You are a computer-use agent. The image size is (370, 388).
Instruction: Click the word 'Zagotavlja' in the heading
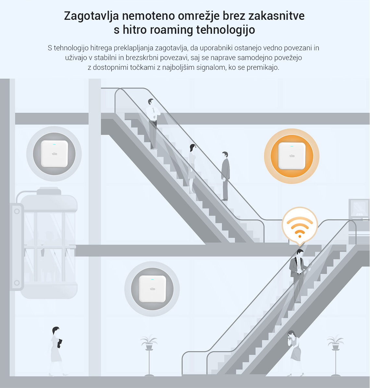point(92,16)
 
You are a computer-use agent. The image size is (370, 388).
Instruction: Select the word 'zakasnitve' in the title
point(277,16)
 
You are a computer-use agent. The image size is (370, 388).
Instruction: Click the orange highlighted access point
point(292,156)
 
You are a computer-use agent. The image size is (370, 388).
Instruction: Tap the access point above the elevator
point(54,154)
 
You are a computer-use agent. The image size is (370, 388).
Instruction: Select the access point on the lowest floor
point(152,289)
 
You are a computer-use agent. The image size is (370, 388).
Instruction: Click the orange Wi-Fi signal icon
point(300,226)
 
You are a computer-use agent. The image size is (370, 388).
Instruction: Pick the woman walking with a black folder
point(57,351)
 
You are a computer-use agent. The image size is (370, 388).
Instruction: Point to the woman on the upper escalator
point(192,168)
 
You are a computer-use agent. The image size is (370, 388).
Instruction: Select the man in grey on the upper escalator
point(225,176)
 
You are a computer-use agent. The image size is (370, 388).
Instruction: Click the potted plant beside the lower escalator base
point(149,355)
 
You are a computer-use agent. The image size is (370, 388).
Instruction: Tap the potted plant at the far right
point(335,355)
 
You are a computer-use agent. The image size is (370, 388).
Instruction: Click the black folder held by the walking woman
point(60,343)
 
